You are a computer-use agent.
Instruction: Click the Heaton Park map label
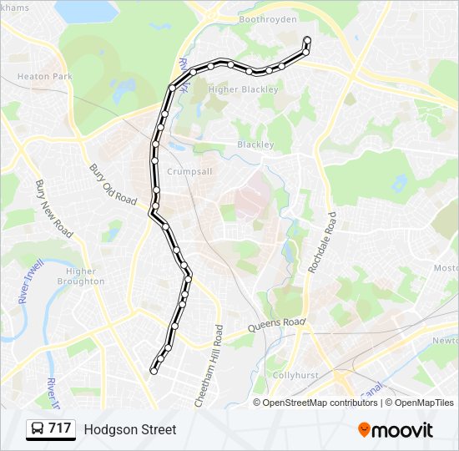click(46, 76)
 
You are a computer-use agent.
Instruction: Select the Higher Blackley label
click(242, 90)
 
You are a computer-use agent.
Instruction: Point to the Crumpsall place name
click(191, 170)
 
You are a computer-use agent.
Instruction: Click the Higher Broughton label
click(81, 276)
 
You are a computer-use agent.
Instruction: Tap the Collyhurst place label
click(295, 376)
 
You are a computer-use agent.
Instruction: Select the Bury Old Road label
click(113, 185)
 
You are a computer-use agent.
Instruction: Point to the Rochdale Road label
click(321, 243)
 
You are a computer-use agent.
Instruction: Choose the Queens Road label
click(280, 323)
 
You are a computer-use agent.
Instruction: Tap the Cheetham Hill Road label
click(209, 366)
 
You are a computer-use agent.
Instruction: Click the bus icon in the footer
click(38, 429)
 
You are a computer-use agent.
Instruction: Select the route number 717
click(60, 429)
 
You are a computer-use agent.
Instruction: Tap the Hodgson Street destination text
click(130, 429)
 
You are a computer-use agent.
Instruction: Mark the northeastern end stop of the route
click(307, 40)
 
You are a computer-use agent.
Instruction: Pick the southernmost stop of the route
click(154, 369)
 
